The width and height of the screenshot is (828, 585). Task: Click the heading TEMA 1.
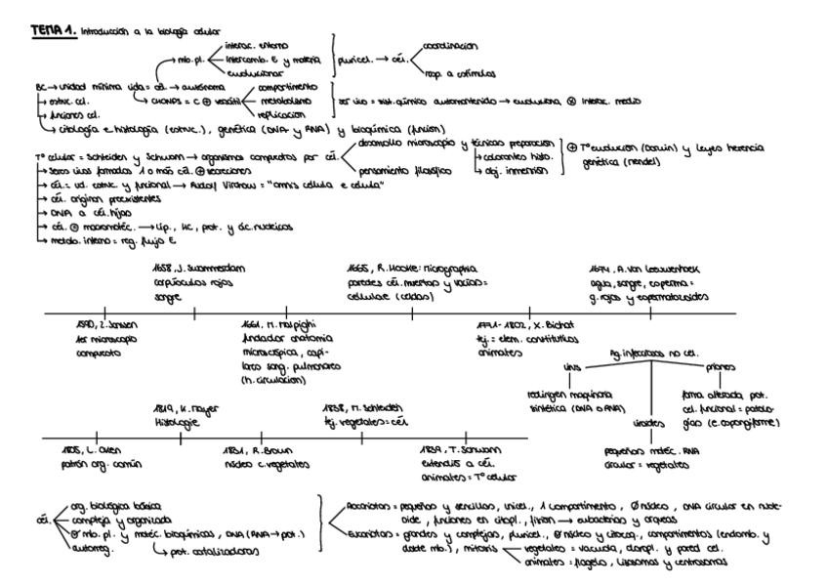[53, 30]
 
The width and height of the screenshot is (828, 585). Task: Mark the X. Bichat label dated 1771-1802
[532, 323]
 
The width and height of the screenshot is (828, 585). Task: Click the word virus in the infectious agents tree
[571, 367]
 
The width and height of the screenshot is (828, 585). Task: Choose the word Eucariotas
[368, 534]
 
